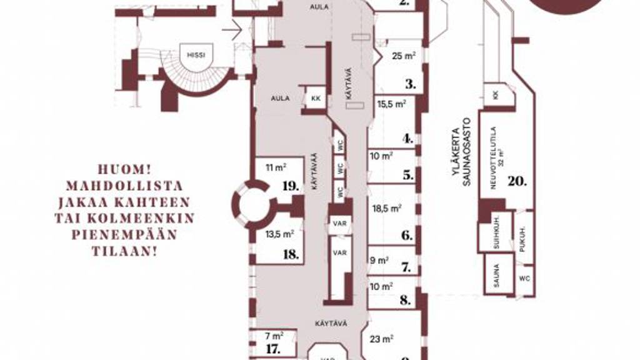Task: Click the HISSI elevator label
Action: [196, 54]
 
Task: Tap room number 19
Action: [289, 186]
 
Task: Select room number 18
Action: [290, 254]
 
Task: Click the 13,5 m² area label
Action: [279, 234]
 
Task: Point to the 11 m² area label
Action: [276, 167]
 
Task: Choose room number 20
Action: [517, 181]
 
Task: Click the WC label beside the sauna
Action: [524, 276]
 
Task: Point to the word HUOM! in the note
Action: [124, 169]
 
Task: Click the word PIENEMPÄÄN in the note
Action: [124, 234]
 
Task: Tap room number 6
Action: [407, 236]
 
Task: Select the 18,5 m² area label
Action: [387, 209]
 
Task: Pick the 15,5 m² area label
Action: [392, 104]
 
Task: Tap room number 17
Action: [273, 349]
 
